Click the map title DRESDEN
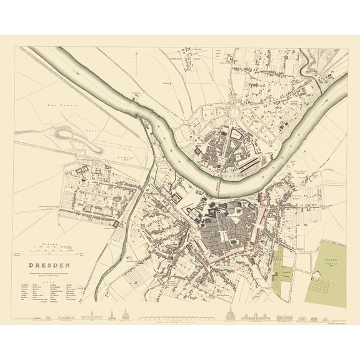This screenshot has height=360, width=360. pos(49,264)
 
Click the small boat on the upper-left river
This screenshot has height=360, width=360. pos(134,94)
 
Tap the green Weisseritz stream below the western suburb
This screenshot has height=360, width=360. pos(141,212)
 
